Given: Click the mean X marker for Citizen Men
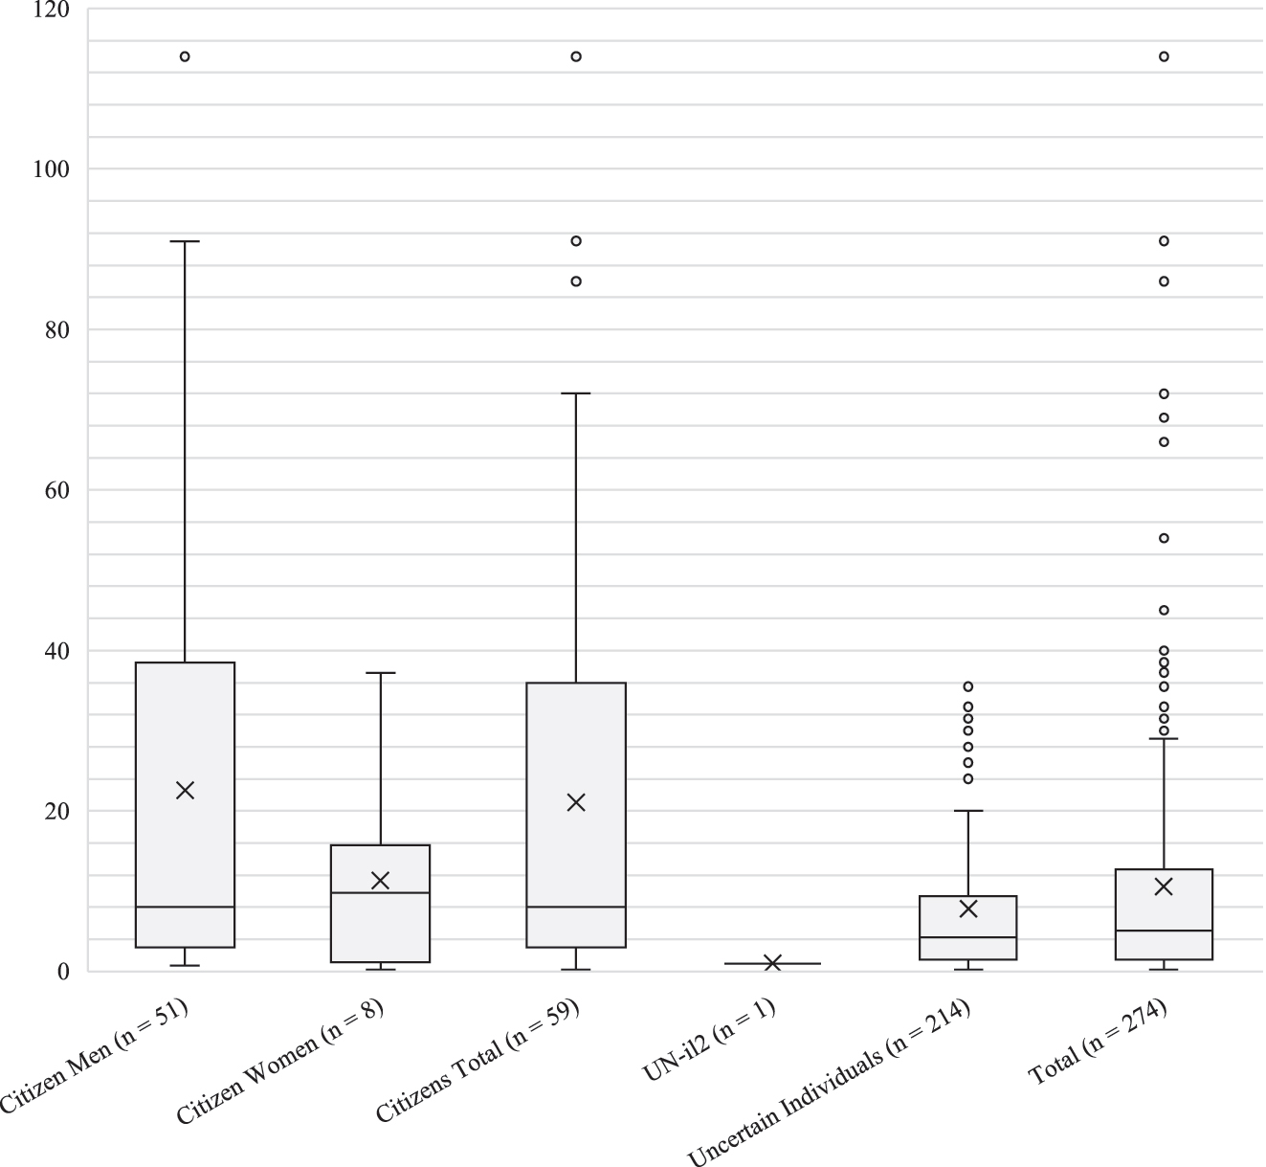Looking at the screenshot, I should coord(186,790).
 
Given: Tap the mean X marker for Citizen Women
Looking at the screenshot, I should coord(380,880).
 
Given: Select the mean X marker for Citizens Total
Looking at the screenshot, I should coord(576,802).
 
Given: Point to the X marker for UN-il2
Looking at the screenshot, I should coord(772,962).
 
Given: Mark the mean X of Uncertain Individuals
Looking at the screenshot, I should coord(968,909).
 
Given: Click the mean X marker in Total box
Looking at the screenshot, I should coord(1164,886).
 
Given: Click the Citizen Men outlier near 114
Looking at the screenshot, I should coord(185,56).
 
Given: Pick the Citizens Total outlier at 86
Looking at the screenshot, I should coord(576,281).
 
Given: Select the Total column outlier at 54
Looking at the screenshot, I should coord(1164,538).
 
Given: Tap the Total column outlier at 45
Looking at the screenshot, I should coord(1164,610).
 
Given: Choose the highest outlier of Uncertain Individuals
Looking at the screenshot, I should coord(968,686).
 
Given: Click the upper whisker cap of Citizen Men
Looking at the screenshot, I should coord(185,241).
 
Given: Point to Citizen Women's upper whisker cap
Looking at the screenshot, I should coord(380,673).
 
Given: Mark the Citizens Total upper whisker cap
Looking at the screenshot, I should coord(576,393).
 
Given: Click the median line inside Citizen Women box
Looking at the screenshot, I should coord(380,892).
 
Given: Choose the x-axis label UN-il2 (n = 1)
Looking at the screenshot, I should coord(709,1042).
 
